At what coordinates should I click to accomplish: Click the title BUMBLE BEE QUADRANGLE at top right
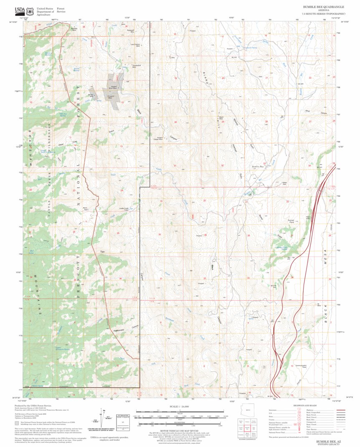tap(323, 7)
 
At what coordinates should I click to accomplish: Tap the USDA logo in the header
tap(20, 10)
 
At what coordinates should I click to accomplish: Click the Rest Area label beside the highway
tap(310, 217)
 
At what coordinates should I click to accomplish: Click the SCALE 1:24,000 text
tap(180, 406)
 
